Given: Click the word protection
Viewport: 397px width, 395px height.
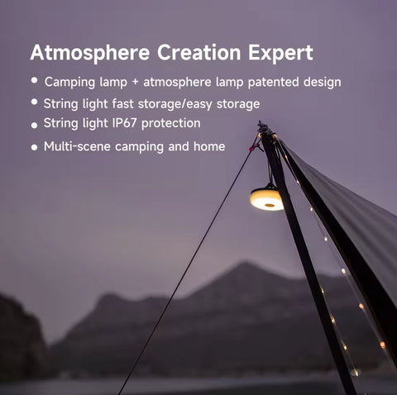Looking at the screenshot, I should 172,123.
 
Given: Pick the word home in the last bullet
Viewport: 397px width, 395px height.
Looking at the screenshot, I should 210,146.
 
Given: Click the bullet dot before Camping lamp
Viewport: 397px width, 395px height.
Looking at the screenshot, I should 35,81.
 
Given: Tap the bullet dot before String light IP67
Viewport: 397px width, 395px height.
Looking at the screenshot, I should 35,124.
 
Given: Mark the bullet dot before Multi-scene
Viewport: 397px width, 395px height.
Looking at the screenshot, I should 35,147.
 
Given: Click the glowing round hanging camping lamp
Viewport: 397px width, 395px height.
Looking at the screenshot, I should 266,198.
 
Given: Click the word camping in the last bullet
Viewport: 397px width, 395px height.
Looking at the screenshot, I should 138,147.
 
